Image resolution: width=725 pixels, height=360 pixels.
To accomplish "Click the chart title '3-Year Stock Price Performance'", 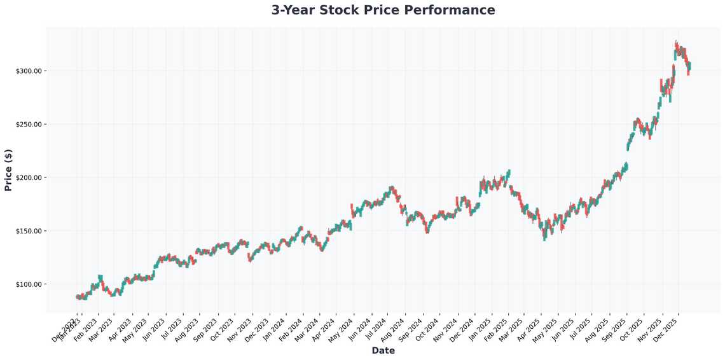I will coord(383,10).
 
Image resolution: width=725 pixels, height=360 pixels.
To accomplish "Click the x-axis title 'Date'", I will coord(383,350).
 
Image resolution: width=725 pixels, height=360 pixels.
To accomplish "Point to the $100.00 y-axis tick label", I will coord(29,284).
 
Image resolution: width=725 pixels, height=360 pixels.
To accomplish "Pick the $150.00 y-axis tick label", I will coord(29,231).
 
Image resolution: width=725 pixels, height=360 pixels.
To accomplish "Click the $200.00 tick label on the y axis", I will coord(29,177).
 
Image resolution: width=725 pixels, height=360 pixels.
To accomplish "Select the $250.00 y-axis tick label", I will coord(29,124).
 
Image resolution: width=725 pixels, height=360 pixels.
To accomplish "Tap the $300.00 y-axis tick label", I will coord(29,71).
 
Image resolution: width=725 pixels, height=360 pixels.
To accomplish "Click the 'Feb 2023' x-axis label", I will coord(87,329).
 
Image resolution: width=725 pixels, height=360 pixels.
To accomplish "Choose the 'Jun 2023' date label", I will coord(155,329).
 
